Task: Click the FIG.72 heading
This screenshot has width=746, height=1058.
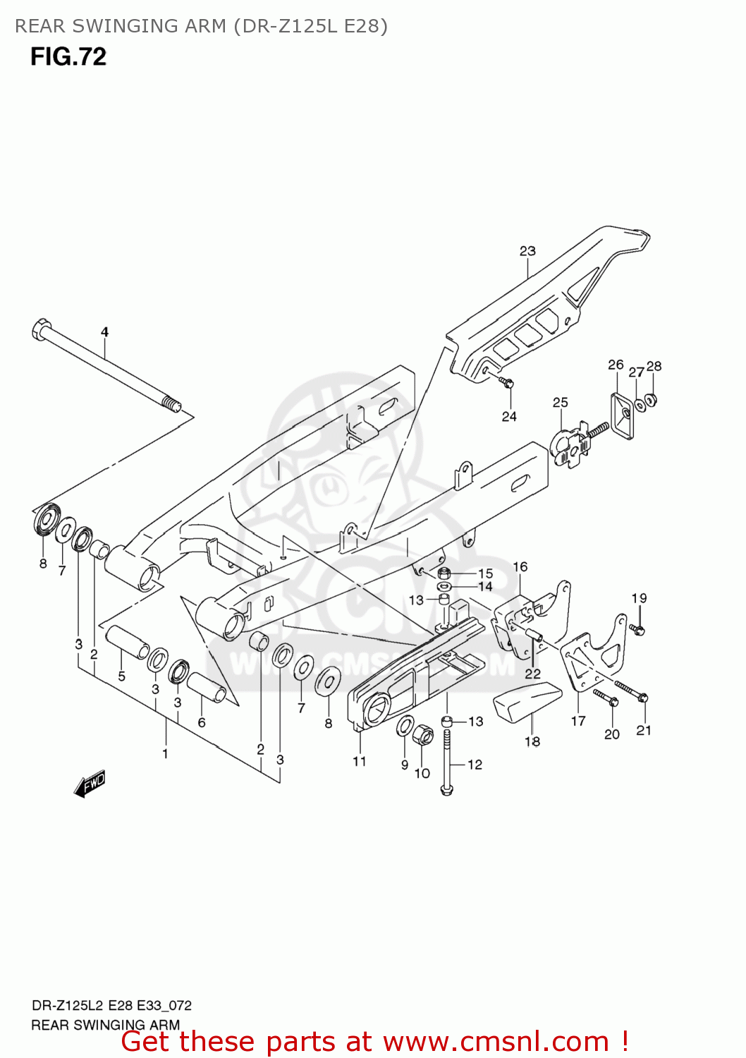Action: [x=68, y=56]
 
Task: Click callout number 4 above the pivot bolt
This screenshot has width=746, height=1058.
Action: [x=104, y=332]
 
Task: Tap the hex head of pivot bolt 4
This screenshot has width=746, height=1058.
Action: [x=41, y=329]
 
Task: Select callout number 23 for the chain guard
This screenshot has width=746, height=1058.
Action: [x=527, y=250]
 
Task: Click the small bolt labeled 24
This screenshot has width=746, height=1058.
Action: [x=506, y=383]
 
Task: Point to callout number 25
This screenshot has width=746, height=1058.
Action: [x=560, y=402]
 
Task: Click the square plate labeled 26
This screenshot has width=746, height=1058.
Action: [x=622, y=415]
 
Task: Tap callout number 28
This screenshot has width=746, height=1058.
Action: [x=654, y=365]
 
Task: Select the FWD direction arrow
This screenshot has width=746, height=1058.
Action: [x=90, y=784]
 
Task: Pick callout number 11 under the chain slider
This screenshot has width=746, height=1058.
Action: [x=360, y=761]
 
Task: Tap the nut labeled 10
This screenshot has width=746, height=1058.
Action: [x=424, y=735]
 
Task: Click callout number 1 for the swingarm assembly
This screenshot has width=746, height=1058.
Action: [x=165, y=753]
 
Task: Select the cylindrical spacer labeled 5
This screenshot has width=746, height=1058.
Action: [x=127, y=641]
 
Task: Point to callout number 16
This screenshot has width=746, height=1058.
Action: [x=520, y=566]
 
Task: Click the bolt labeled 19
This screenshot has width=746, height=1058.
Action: [x=637, y=628]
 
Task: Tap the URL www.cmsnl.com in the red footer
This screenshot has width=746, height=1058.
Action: [x=496, y=1041]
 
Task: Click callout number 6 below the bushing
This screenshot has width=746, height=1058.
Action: [x=202, y=722]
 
